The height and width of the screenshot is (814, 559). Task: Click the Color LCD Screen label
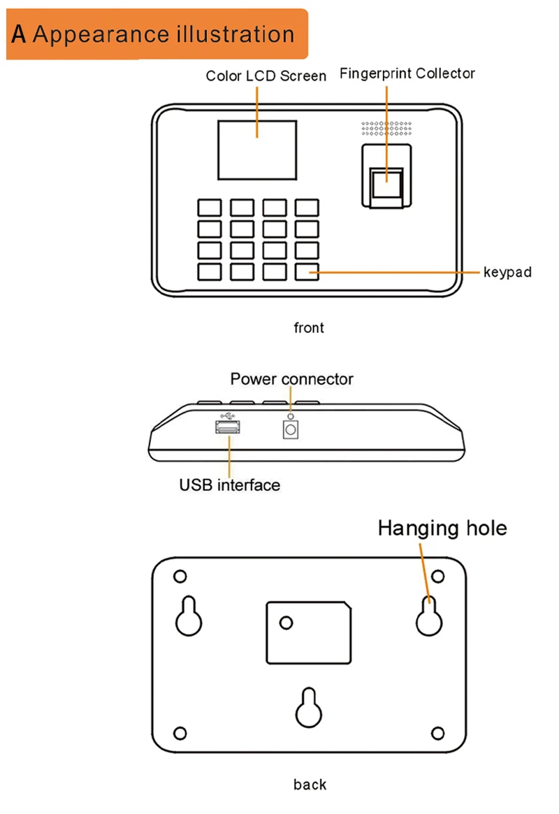(x=266, y=76)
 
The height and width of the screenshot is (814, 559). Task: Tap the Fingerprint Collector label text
(x=407, y=73)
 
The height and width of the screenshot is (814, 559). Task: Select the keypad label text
(x=507, y=272)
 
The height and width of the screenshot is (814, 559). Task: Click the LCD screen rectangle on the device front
(x=257, y=150)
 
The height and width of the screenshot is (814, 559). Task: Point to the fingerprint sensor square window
(x=387, y=183)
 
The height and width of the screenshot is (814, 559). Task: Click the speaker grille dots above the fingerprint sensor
(x=386, y=128)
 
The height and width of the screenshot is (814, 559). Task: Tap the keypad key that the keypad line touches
(x=307, y=272)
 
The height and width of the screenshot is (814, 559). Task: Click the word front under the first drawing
(x=309, y=327)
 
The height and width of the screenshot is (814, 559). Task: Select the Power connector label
(x=291, y=379)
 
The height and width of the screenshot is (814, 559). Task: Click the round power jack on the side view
(x=291, y=430)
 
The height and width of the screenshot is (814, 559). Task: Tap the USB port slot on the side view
(x=228, y=427)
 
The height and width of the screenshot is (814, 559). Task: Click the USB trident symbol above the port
(x=227, y=416)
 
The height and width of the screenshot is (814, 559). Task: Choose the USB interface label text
(x=230, y=485)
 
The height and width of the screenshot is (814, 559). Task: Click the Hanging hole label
(x=442, y=529)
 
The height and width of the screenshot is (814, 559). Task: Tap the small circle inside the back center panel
(x=286, y=622)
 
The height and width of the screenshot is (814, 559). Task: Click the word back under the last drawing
(x=310, y=785)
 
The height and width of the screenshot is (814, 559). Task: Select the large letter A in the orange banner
(x=18, y=34)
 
